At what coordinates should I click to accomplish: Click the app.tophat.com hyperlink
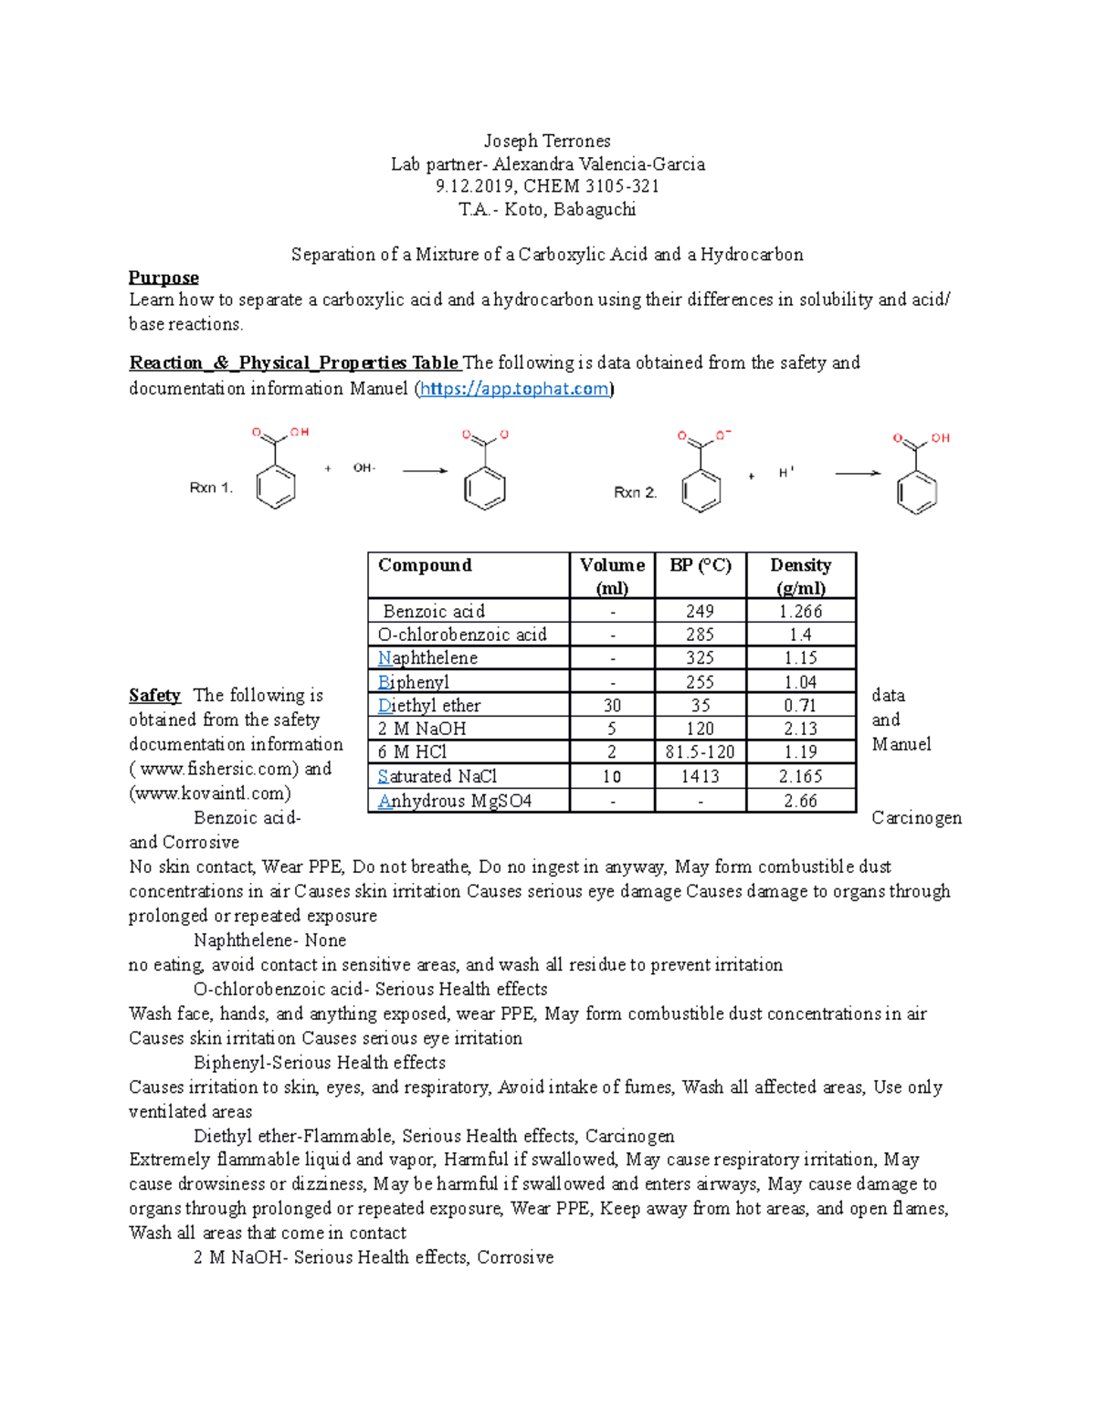coord(514,389)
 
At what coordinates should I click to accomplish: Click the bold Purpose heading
coord(163,278)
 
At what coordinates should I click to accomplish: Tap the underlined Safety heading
coord(154,696)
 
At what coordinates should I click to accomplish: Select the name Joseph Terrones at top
coord(547,141)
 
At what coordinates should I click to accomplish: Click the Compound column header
coord(425,565)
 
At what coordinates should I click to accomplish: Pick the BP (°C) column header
coord(700,565)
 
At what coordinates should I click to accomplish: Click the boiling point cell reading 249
coord(700,612)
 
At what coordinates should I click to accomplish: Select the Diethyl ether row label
coord(429,706)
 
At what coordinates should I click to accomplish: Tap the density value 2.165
coord(800,777)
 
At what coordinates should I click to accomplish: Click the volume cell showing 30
coord(612,706)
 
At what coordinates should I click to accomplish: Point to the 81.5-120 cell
coord(700,752)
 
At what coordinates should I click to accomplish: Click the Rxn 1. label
coord(211,488)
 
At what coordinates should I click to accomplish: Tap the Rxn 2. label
coord(635,492)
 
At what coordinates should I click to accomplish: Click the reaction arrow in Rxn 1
coord(425,471)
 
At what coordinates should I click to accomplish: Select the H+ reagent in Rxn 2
coord(785,473)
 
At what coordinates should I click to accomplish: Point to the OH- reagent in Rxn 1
coord(364,468)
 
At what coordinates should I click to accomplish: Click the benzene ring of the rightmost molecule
coord(916,493)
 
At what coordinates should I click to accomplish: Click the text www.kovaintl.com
coord(212,793)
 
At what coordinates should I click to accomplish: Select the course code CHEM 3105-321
coord(591,186)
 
